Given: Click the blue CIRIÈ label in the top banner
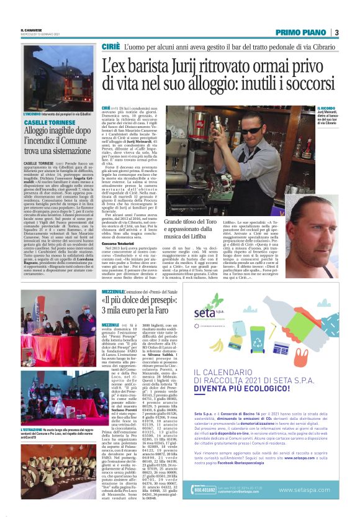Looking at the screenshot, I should coord(110,47).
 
